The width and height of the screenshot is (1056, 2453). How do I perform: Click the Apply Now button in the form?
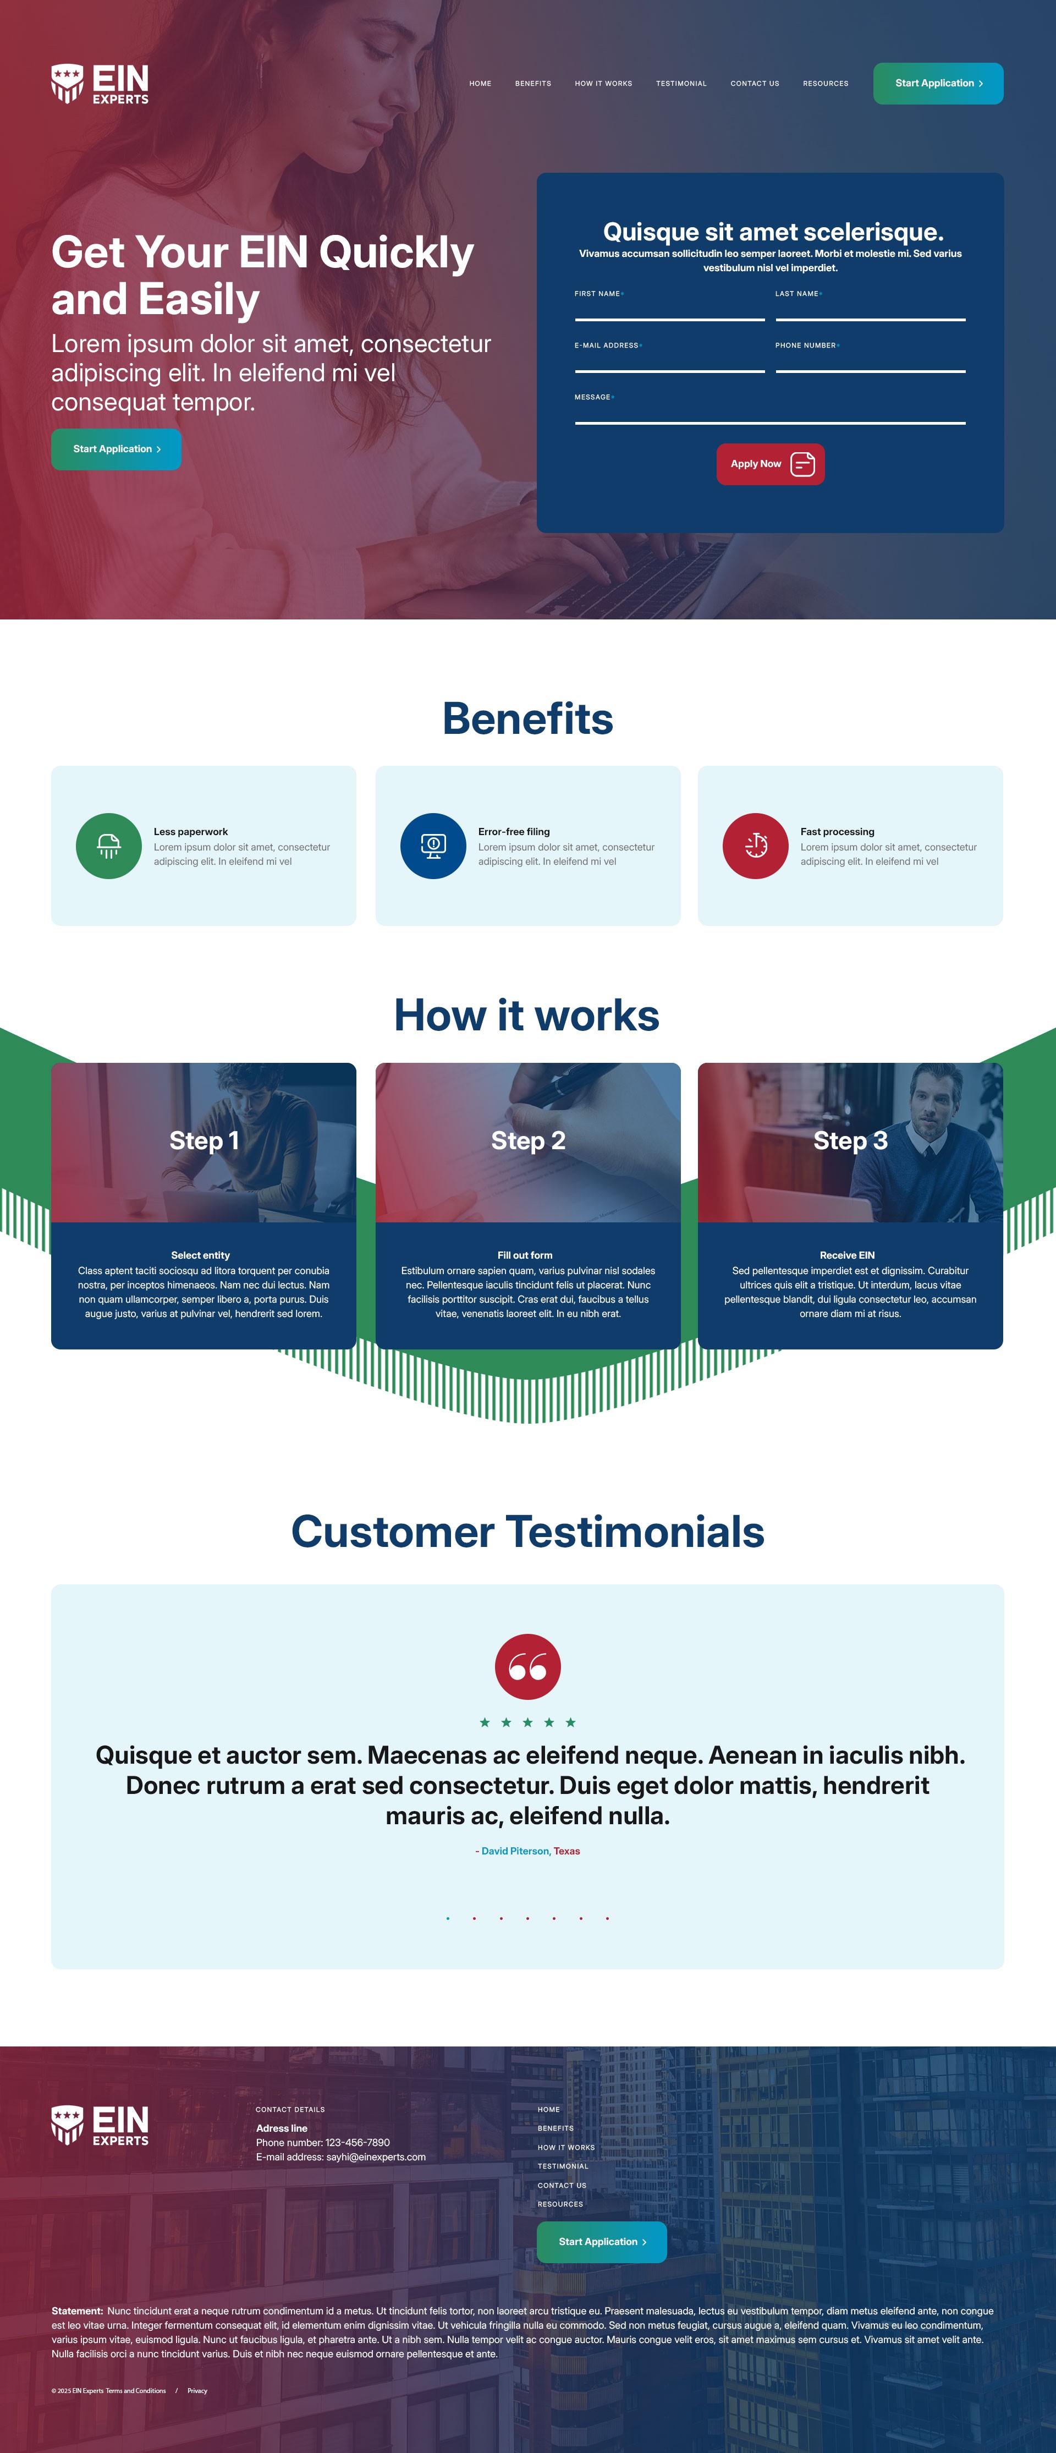pos(771,464)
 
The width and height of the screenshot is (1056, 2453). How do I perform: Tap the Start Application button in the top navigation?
pos(938,84)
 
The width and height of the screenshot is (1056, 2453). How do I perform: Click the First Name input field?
pos(669,310)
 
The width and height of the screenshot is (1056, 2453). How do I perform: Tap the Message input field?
pos(769,413)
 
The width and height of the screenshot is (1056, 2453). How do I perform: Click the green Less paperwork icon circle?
pos(108,846)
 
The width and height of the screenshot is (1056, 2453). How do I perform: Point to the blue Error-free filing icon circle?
pos(433,846)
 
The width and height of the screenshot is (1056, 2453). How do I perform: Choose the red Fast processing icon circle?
pos(755,846)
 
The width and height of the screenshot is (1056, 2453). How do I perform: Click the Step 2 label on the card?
pos(529,1141)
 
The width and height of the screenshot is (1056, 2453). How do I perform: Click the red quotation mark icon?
pos(527,1666)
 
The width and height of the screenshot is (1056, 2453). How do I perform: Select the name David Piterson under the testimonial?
pos(515,1851)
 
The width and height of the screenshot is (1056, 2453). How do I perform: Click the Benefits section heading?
pos(527,719)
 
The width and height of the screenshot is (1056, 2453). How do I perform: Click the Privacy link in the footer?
pos(197,2390)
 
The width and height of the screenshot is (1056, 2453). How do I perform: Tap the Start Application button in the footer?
pos(602,2242)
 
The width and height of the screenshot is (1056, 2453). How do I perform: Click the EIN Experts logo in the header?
pos(100,84)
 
